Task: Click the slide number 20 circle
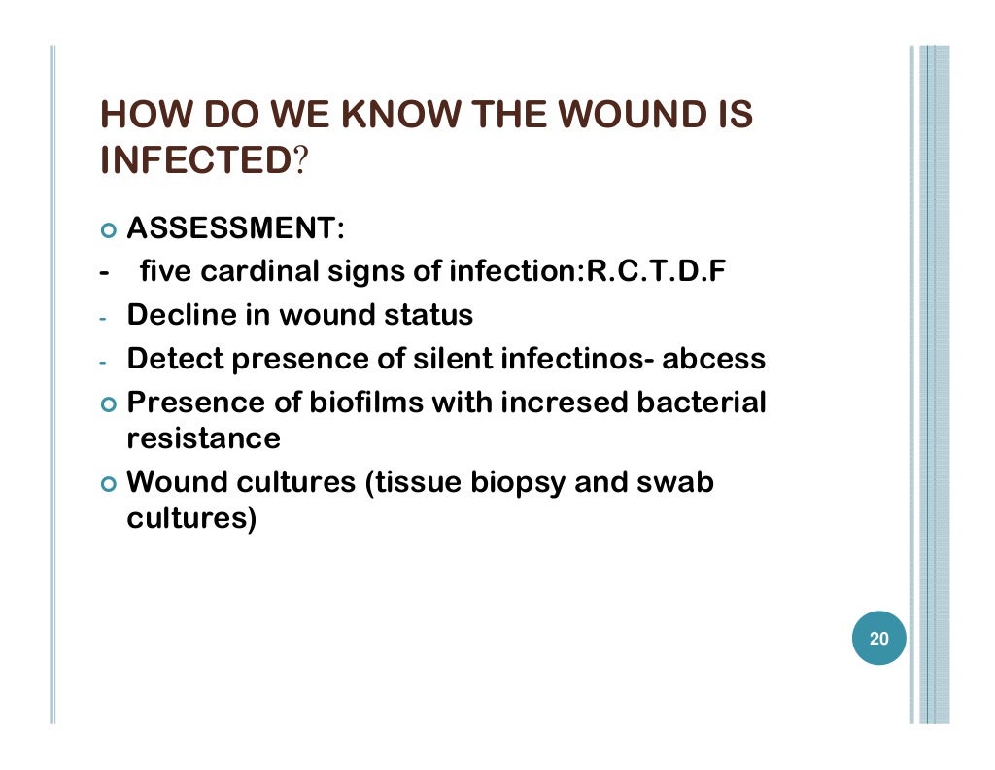tap(878, 640)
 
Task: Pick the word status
tap(428, 316)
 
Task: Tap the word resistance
tap(203, 438)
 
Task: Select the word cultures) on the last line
tap(191, 518)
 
